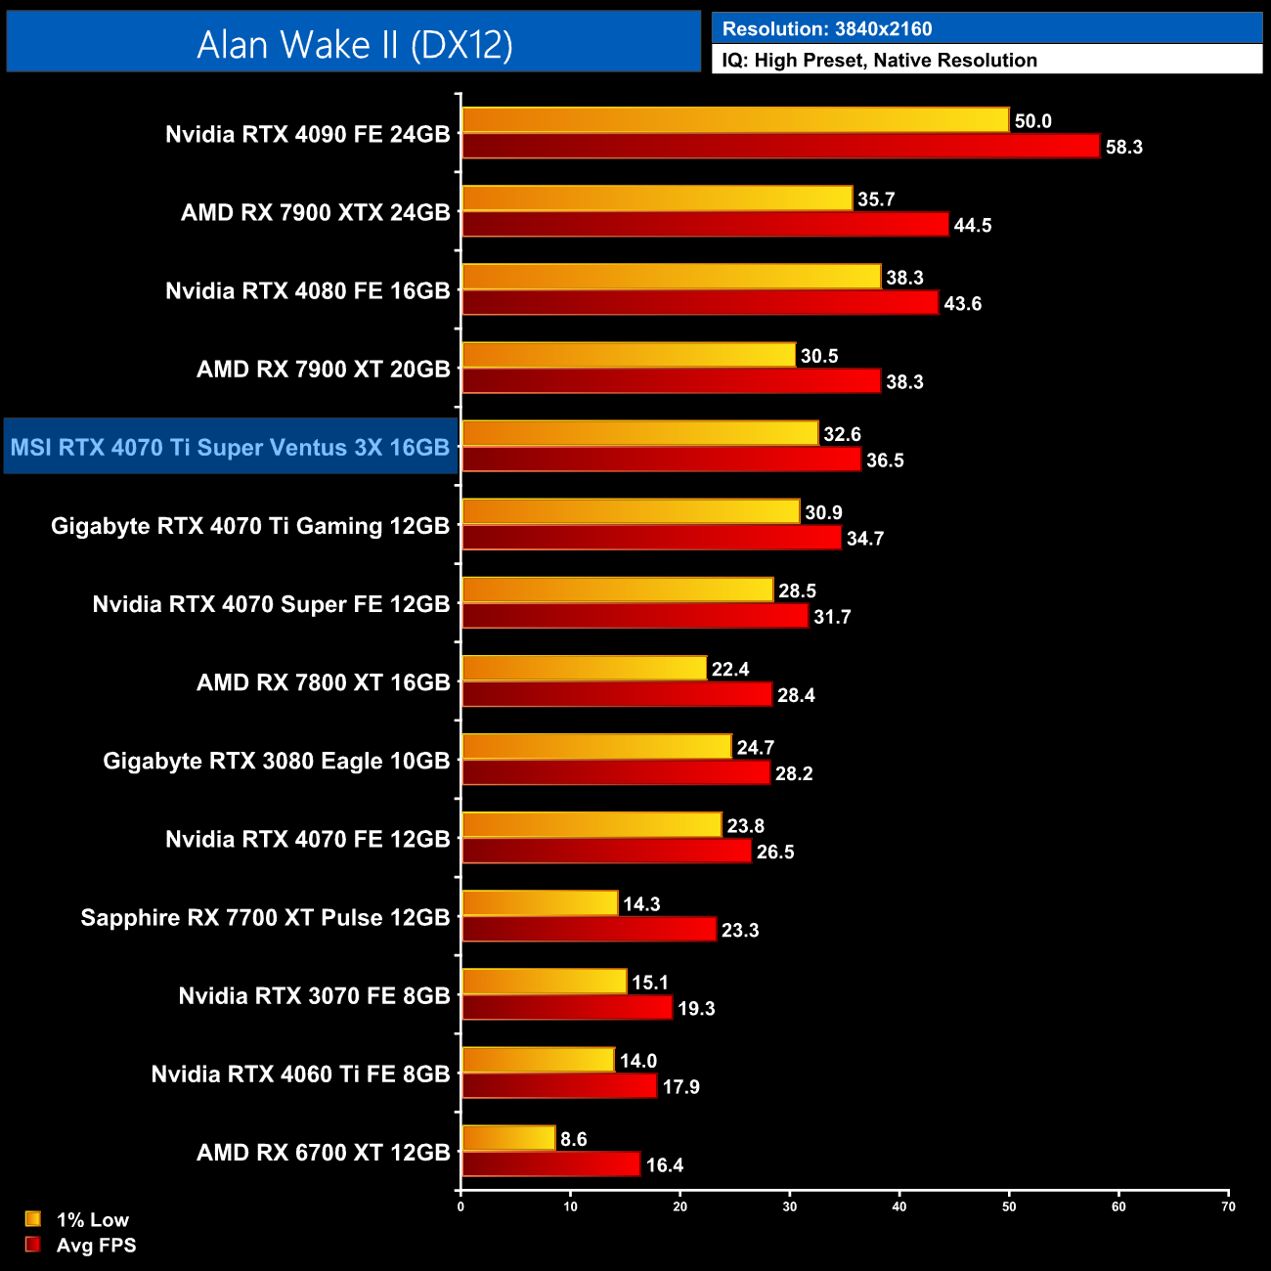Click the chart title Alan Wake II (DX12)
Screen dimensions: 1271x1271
point(354,45)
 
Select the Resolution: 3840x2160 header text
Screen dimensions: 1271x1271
point(826,29)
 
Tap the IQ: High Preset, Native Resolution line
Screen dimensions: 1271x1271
point(879,61)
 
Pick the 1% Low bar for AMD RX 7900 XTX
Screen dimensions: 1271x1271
point(657,198)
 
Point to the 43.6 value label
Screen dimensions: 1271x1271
point(962,304)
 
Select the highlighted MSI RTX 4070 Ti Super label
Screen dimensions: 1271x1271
point(230,448)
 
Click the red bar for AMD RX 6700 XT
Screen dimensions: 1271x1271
point(550,1164)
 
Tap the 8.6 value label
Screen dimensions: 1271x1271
point(574,1139)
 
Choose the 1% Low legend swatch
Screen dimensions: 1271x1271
point(33,1219)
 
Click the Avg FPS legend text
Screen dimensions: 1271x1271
point(96,1246)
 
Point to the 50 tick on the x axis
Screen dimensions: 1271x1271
point(1009,1206)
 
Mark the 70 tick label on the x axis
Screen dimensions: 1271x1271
point(1228,1206)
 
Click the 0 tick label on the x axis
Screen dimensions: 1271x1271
point(460,1206)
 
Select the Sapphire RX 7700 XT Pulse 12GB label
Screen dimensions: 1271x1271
point(265,918)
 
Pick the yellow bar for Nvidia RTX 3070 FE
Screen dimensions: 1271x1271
point(544,982)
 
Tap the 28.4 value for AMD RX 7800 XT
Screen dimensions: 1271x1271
point(796,695)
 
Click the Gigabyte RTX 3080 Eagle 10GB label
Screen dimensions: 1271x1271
point(276,762)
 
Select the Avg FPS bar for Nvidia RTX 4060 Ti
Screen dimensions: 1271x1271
point(559,1086)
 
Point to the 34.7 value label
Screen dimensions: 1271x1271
point(865,539)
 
